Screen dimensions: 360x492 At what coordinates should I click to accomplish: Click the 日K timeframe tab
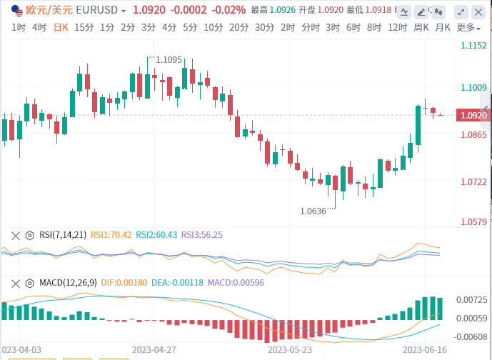[61, 27]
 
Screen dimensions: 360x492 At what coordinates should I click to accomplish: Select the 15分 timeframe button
[84, 27]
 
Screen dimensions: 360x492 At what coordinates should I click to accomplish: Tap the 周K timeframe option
[421, 27]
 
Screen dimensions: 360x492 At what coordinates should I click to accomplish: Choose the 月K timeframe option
[443, 27]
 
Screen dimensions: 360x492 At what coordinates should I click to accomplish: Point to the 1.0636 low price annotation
[314, 211]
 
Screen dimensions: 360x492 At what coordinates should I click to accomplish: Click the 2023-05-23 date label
[289, 350]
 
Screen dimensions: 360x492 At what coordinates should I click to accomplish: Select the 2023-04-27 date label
[154, 350]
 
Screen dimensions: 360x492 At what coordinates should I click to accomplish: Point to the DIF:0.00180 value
[125, 282]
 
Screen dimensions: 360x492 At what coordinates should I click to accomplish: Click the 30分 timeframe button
[264, 27]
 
